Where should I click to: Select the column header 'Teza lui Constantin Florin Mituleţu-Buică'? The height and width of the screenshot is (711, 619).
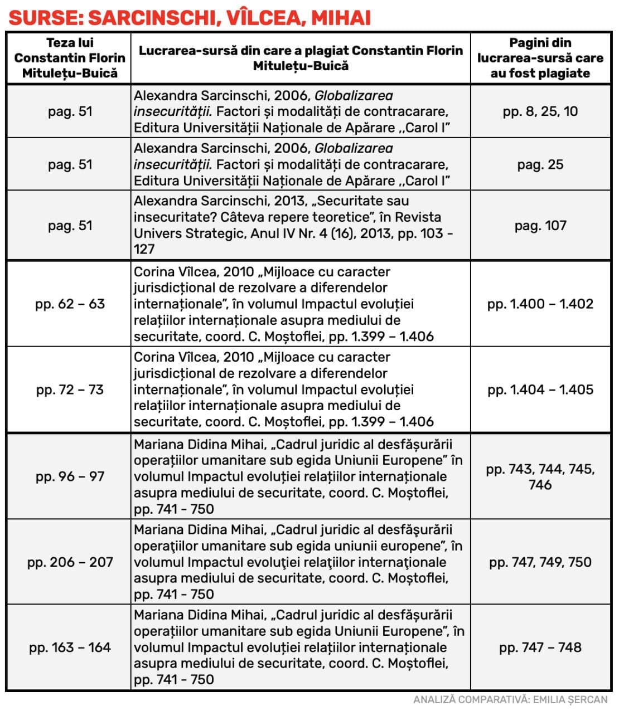coord(70,58)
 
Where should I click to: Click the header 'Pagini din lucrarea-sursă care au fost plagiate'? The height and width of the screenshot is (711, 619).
coord(540,58)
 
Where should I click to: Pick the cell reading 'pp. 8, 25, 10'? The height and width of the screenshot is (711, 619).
coord(540,111)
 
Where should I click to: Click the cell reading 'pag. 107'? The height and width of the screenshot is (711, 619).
coord(540,226)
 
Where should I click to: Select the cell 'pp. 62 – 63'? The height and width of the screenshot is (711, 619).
coord(70,304)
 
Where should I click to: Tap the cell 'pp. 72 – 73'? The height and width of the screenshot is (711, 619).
coord(70,389)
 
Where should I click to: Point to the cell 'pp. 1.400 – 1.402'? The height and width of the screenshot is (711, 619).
coord(540,304)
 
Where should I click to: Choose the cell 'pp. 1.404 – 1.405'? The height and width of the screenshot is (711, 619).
coord(540,389)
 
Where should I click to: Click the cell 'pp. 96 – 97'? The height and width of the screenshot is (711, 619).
coord(70,476)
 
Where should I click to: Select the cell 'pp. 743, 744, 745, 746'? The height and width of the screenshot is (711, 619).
coord(540,476)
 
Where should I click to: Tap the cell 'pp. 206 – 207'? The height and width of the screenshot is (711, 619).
coord(70,562)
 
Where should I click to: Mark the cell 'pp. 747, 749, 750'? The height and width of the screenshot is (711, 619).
coord(540,562)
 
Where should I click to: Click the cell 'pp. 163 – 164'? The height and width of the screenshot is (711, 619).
coord(70,647)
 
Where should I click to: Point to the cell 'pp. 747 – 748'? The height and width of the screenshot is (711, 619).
coord(540,647)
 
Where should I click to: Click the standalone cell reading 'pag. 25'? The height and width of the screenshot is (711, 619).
coord(540,165)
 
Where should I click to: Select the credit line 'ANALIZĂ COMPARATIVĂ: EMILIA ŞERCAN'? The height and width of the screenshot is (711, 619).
coord(510,700)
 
